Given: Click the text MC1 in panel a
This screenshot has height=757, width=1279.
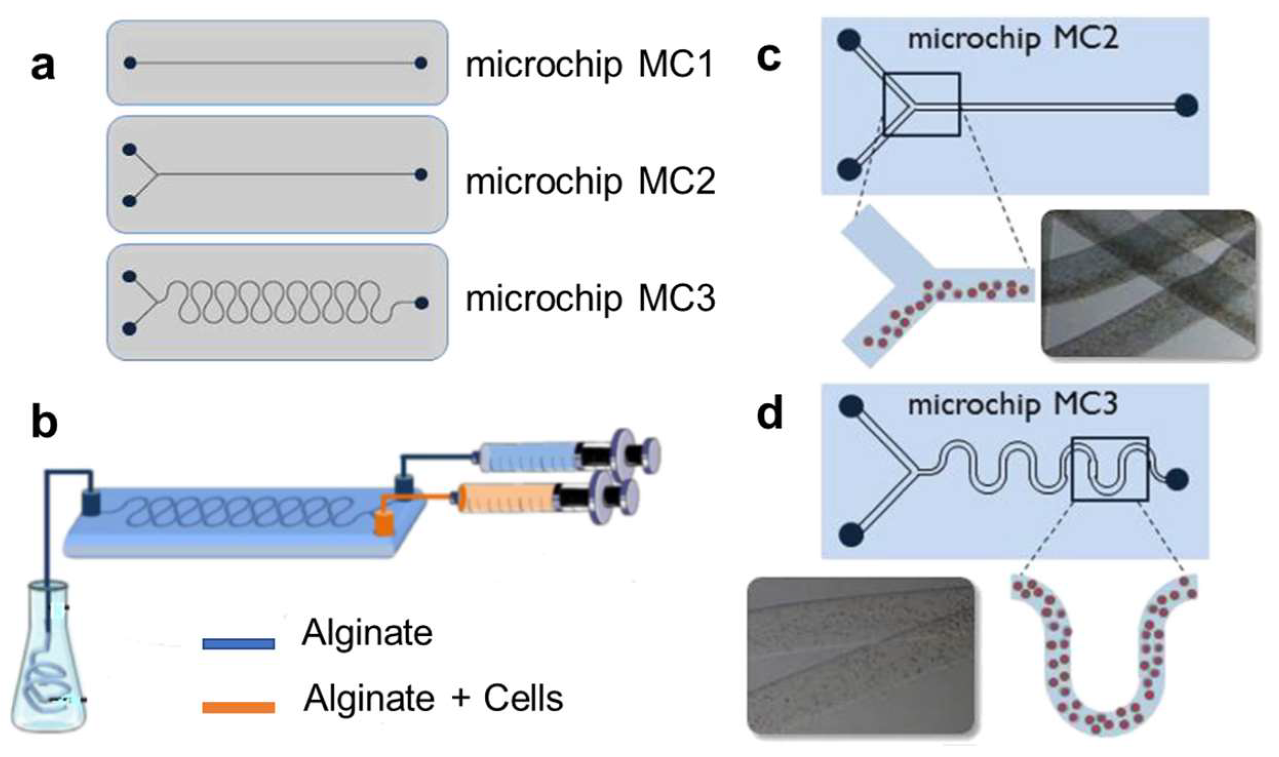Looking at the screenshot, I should pos(676,66).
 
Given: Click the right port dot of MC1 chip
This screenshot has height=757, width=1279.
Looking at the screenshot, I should pos(421,63).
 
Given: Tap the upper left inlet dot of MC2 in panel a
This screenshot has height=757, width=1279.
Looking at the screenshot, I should pos(129,150).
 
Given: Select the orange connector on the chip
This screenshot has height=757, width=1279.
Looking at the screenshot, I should pos(383,523).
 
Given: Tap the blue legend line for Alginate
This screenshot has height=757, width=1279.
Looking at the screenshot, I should pos(239,643).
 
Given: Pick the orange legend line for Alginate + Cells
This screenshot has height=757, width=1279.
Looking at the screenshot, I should pos(239,707).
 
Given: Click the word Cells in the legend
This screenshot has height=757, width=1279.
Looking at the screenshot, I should pos(523,699).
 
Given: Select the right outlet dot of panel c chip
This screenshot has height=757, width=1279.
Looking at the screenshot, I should pos(1187,106).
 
